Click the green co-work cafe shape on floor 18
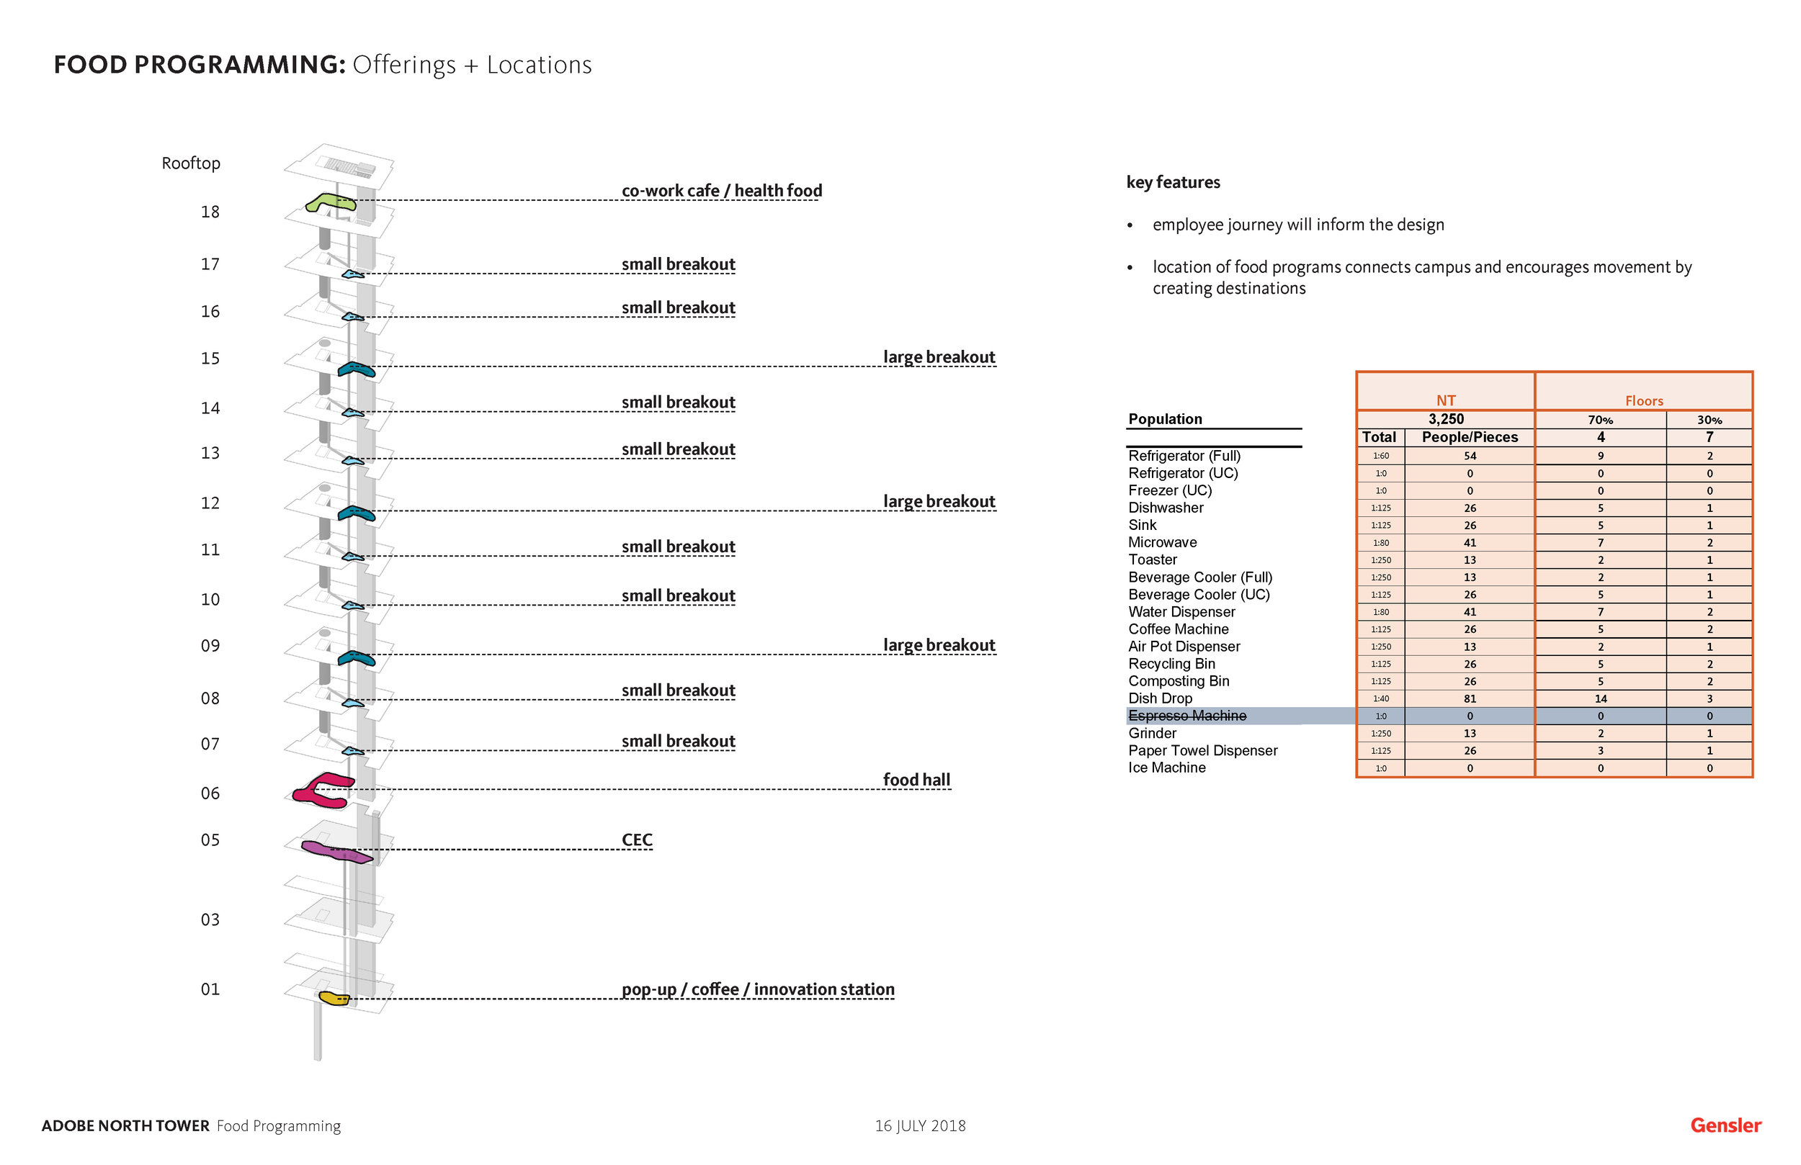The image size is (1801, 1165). (329, 202)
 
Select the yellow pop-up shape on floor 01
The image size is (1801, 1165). (333, 998)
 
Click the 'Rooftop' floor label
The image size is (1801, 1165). (191, 163)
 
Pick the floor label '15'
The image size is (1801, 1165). (210, 359)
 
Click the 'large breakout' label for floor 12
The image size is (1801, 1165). (939, 502)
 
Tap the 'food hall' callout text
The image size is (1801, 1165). (916, 780)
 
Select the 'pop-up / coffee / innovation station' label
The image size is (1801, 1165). (757, 989)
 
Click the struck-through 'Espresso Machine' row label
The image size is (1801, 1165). (1186, 716)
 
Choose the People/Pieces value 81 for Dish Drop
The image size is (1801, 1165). (1469, 699)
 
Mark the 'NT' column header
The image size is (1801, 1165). (1445, 400)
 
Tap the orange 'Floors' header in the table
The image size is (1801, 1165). (1644, 401)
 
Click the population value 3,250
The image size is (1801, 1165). (1445, 419)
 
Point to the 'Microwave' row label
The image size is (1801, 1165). (1162, 542)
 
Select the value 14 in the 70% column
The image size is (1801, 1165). (1600, 699)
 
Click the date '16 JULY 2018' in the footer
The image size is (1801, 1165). (919, 1125)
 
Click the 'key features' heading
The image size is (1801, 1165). (1172, 182)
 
